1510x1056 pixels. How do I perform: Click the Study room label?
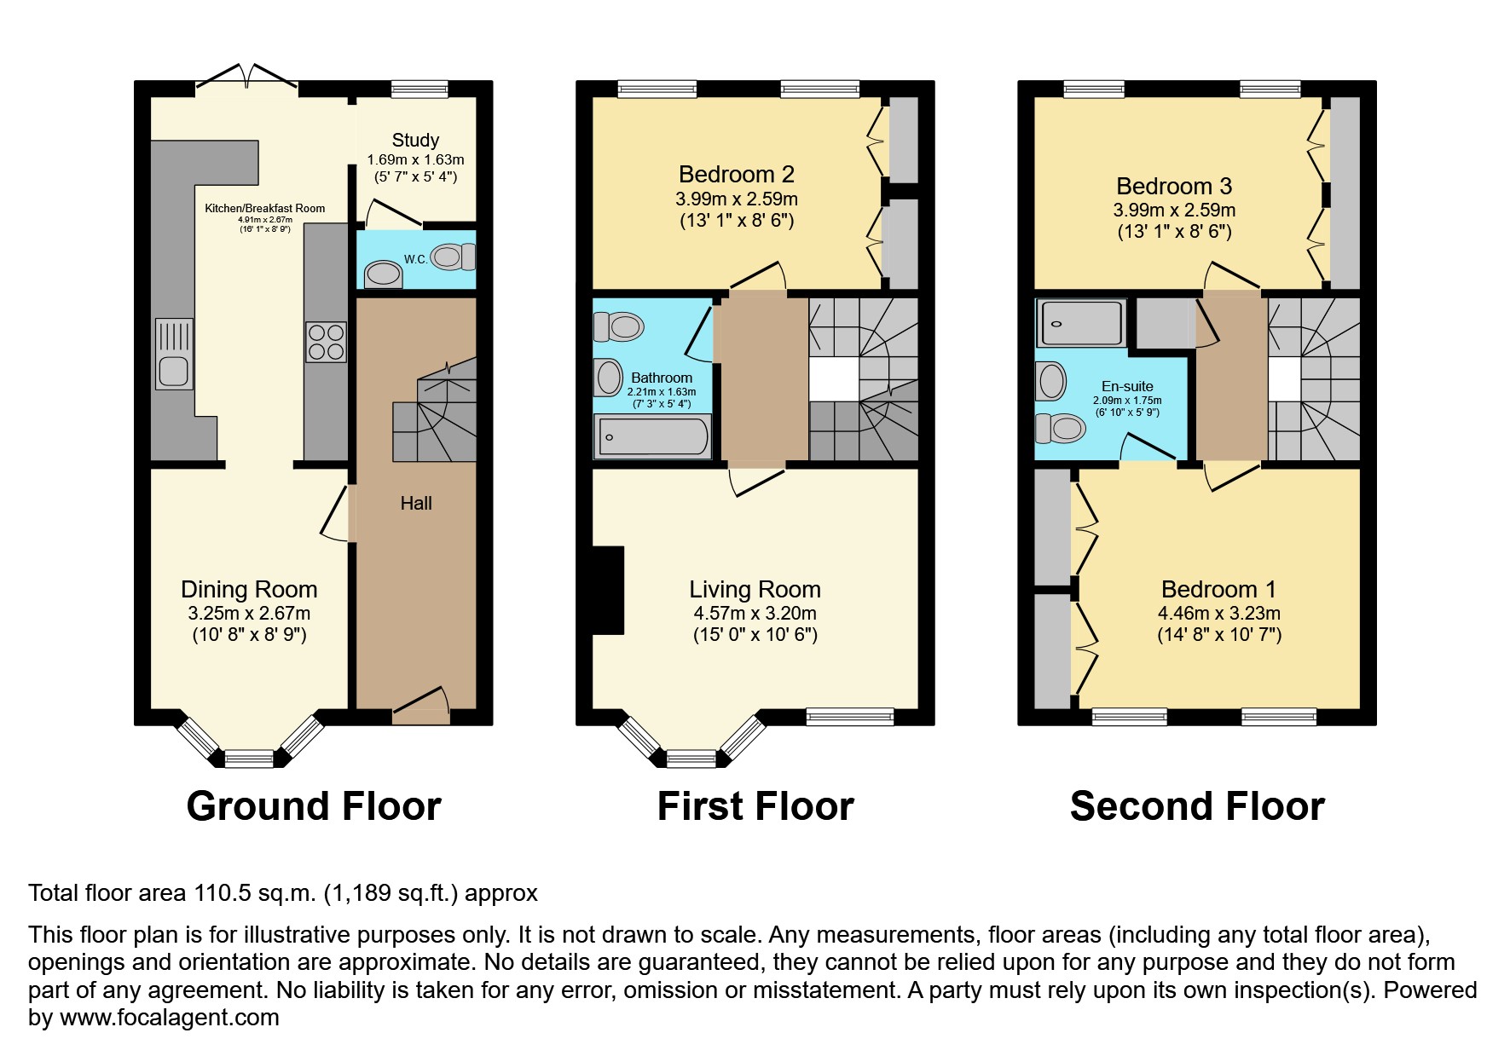(x=415, y=140)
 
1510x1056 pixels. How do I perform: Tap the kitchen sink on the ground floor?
(x=174, y=354)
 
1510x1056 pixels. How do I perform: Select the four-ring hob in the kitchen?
(x=326, y=342)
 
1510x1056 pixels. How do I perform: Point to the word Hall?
(x=416, y=504)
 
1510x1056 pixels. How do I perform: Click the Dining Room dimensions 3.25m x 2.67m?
(x=249, y=613)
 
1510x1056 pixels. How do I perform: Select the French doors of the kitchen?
(x=247, y=78)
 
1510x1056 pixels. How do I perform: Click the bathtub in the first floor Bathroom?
(x=652, y=437)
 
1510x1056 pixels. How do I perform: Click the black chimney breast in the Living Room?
(x=608, y=590)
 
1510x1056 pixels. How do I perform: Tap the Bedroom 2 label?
(x=737, y=175)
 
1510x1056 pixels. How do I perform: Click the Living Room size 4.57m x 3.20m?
(x=755, y=613)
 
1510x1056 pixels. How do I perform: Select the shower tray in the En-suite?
(x=1081, y=323)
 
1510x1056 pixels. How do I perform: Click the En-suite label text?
(x=1127, y=386)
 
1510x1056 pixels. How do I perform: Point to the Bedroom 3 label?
(x=1174, y=187)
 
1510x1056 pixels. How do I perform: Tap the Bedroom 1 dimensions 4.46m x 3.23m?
(x=1218, y=613)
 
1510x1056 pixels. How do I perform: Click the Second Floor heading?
(x=1196, y=806)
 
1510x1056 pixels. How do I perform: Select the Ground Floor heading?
(x=314, y=806)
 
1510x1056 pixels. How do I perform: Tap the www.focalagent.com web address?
(x=169, y=1018)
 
